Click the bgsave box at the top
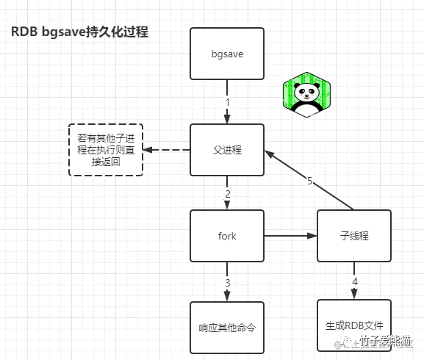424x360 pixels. click(x=227, y=54)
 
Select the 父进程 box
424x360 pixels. click(x=227, y=150)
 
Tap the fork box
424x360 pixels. click(x=227, y=236)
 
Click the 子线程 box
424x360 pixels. click(x=354, y=236)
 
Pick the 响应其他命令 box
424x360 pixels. click(x=227, y=327)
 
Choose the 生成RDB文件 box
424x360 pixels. click(x=354, y=325)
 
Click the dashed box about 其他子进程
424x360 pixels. click(x=105, y=150)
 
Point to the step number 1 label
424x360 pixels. click(x=228, y=102)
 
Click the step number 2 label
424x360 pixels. click(x=228, y=194)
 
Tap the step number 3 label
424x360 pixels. click(x=228, y=282)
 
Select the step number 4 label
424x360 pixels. click(x=355, y=281)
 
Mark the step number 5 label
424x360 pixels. click(x=310, y=181)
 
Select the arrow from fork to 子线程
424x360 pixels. click(x=290, y=236)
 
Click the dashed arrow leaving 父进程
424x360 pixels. click(x=167, y=150)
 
